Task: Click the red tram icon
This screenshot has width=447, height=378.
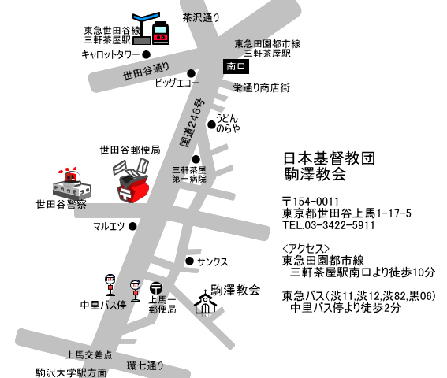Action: [x=160, y=33]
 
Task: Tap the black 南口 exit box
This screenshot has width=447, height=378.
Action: [x=236, y=66]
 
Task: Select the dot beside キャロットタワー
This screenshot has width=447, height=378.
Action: [x=147, y=54]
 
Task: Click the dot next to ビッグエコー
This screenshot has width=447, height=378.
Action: [x=191, y=73]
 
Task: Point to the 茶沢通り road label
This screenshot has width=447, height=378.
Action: [x=201, y=17]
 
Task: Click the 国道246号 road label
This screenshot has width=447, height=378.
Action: [x=192, y=123]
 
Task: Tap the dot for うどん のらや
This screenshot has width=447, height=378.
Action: [x=211, y=124]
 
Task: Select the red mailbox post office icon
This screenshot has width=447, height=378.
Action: [x=132, y=181]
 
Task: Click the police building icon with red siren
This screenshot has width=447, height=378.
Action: [x=72, y=183]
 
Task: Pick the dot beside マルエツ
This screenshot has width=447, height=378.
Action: [x=132, y=227]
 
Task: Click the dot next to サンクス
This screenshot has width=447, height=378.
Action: [x=189, y=261]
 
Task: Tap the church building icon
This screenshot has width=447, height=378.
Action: [x=205, y=304]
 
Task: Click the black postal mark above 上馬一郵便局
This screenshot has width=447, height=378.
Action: [x=156, y=288]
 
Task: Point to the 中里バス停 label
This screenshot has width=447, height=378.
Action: [x=103, y=305]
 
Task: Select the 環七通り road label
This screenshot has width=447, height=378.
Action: [x=145, y=365]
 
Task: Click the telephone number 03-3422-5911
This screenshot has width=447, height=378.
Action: [x=339, y=225]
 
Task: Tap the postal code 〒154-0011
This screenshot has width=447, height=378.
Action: [x=311, y=202]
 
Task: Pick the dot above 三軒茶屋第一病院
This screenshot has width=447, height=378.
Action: [x=196, y=159]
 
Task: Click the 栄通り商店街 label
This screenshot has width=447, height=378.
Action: [x=262, y=87]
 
